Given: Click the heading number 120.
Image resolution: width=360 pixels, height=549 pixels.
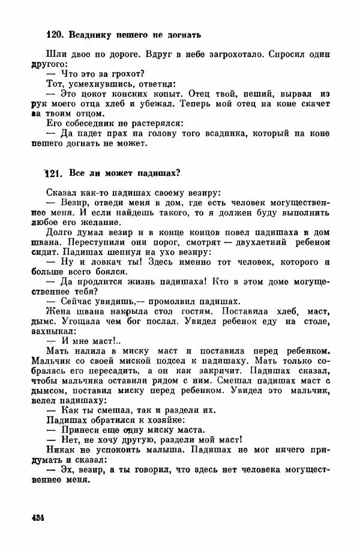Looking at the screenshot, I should [x=55, y=35].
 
